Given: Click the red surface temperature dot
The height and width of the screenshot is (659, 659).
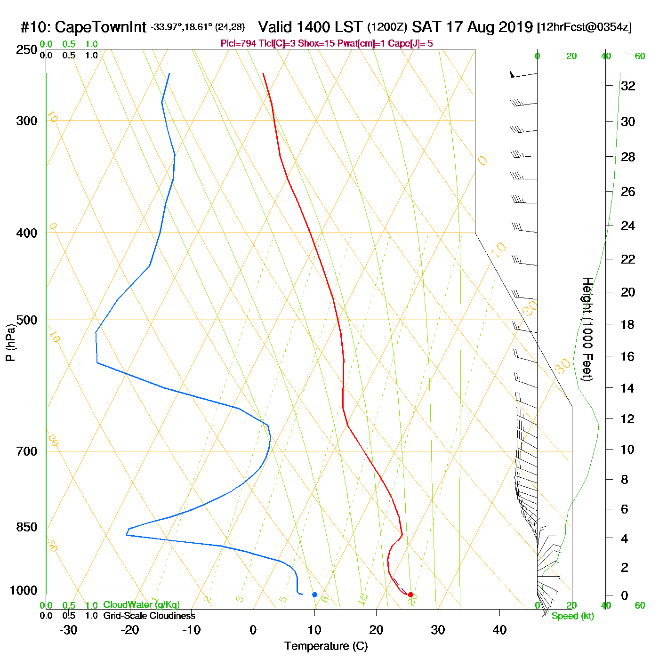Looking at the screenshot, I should tap(410, 595).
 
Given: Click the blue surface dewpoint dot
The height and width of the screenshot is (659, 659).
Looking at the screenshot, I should tap(315, 595).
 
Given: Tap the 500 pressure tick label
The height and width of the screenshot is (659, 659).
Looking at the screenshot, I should tap(27, 320).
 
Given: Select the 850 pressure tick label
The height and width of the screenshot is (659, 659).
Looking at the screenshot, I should tap(27, 527).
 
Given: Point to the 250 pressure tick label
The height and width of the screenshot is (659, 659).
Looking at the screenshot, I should tap(27, 50).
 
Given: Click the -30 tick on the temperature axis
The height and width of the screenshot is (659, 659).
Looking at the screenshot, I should tap(68, 630).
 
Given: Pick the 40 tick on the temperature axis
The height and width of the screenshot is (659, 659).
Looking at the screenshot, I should tap(499, 630).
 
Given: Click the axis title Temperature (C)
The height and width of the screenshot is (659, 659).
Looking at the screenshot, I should tap(326, 646).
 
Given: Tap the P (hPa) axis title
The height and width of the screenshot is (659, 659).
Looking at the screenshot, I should tap(10, 342).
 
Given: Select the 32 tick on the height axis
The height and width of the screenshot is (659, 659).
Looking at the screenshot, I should tap(628, 86).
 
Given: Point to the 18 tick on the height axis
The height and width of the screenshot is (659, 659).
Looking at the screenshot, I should tap(628, 324).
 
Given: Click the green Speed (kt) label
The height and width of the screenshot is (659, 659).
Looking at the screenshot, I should tap(572, 616).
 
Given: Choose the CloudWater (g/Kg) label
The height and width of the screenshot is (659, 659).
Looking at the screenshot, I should tap(141, 605).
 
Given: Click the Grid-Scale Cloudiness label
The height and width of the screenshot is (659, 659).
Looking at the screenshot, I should tap(149, 616).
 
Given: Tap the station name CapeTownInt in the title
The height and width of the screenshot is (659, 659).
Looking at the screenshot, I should tap(101, 27).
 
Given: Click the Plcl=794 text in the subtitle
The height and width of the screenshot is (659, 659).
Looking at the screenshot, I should tap(239, 44).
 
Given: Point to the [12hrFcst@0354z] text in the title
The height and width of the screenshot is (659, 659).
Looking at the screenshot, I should tap(584, 27).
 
